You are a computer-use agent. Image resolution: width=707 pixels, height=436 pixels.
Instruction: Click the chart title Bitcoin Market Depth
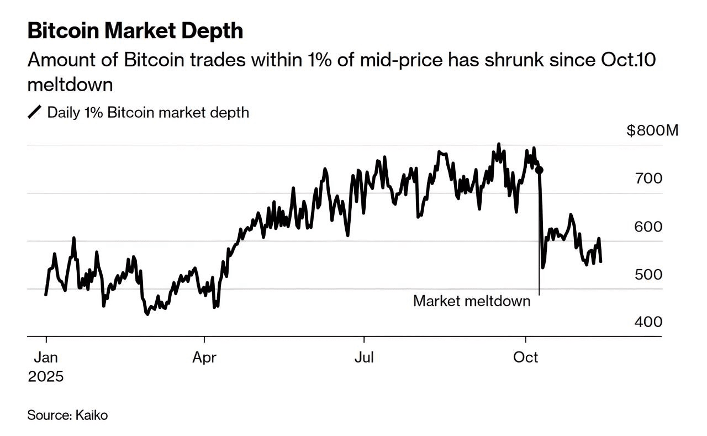(135, 31)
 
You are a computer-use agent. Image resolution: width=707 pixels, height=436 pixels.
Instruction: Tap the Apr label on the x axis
(204, 358)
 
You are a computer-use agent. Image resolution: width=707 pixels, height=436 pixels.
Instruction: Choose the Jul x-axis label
(364, 358)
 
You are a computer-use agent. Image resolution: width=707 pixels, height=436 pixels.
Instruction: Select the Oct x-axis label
(525, 358)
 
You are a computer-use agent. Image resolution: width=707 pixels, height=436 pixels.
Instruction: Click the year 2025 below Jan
(46, 377)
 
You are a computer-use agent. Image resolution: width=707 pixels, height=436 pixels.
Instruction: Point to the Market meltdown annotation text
(471, 301)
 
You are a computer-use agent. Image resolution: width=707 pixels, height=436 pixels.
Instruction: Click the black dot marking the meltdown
(540, 170)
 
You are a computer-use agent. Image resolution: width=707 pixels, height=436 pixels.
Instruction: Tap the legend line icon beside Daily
(35, 113)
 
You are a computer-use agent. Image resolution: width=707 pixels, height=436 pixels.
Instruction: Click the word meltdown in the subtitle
(70, 85)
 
